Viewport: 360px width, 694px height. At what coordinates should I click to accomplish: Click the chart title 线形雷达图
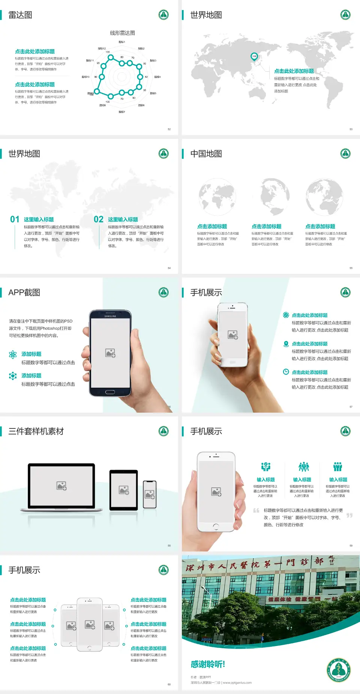pyautogui.click(x=122, y=33)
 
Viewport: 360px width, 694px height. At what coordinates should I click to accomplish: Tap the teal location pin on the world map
pyautogui.click(x=254, y=57)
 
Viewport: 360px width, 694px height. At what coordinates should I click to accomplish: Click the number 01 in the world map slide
pyautogui.click(x=15, y=219)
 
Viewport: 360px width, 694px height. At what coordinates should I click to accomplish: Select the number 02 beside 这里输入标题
pyautogui.click(x=99, y=219)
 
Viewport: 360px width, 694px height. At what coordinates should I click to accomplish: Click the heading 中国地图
pyautogui.click(x=206, y=154)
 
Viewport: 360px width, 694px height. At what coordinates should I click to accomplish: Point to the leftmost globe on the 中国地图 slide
pyautogui.click(x=217, y=197)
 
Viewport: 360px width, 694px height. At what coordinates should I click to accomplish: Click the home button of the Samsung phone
pyautogui.click(x=110, y=392)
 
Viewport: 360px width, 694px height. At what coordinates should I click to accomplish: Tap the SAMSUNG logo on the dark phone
pyautogui.click(x=110, y=316)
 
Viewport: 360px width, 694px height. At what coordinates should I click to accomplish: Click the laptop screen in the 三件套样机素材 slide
pyautogui.click(x=61, y=486)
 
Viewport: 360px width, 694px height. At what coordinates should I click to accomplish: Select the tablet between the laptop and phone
pyautogui.click(x=124, y=490)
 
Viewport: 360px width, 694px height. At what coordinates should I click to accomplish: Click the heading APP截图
pyautogui.click(x=24, y=293)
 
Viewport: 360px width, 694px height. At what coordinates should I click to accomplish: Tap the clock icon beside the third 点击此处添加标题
pyautogui.click(x=286, y=372)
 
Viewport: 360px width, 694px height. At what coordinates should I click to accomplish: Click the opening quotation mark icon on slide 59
pyautogui.click(x=256, y=511)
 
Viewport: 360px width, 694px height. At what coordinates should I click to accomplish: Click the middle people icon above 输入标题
pyautogui.click(x=303, y=467)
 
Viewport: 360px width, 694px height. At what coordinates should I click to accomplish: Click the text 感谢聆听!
pyautogui.click(x=208, y=664)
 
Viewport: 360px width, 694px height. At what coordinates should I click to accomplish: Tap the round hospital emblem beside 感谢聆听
pyautogui.click(x=338, y=669)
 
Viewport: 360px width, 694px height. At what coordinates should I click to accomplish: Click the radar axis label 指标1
pyautogui.click(x=122, y=42)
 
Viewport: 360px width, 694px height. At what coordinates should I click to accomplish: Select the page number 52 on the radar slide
pyautogui.click(x=169, y=129)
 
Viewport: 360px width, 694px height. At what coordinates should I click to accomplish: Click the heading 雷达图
pyautogui.click(x=20, y=15)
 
